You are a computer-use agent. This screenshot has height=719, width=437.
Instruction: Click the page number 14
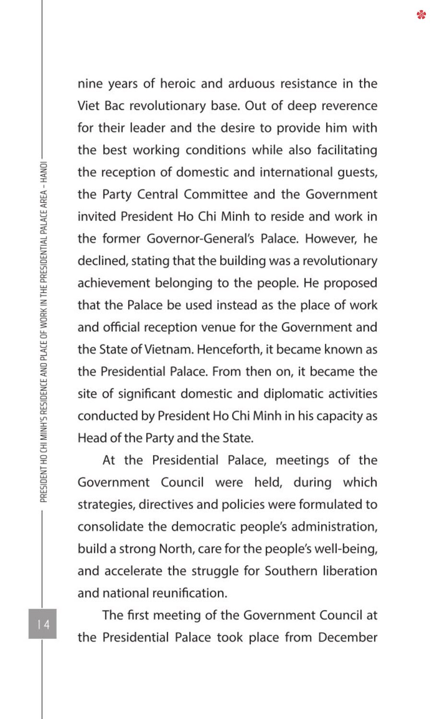coord(43,624)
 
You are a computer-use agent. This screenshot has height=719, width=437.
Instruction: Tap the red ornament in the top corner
coord(421,15)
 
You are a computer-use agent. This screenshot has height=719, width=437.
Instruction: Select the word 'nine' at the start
coord(90,84)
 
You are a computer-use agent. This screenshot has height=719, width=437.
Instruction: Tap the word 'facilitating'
coord(347,151)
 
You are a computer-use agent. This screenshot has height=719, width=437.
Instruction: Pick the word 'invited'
coord(97,217)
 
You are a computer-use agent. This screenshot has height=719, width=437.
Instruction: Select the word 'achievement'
coord(114,283)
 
